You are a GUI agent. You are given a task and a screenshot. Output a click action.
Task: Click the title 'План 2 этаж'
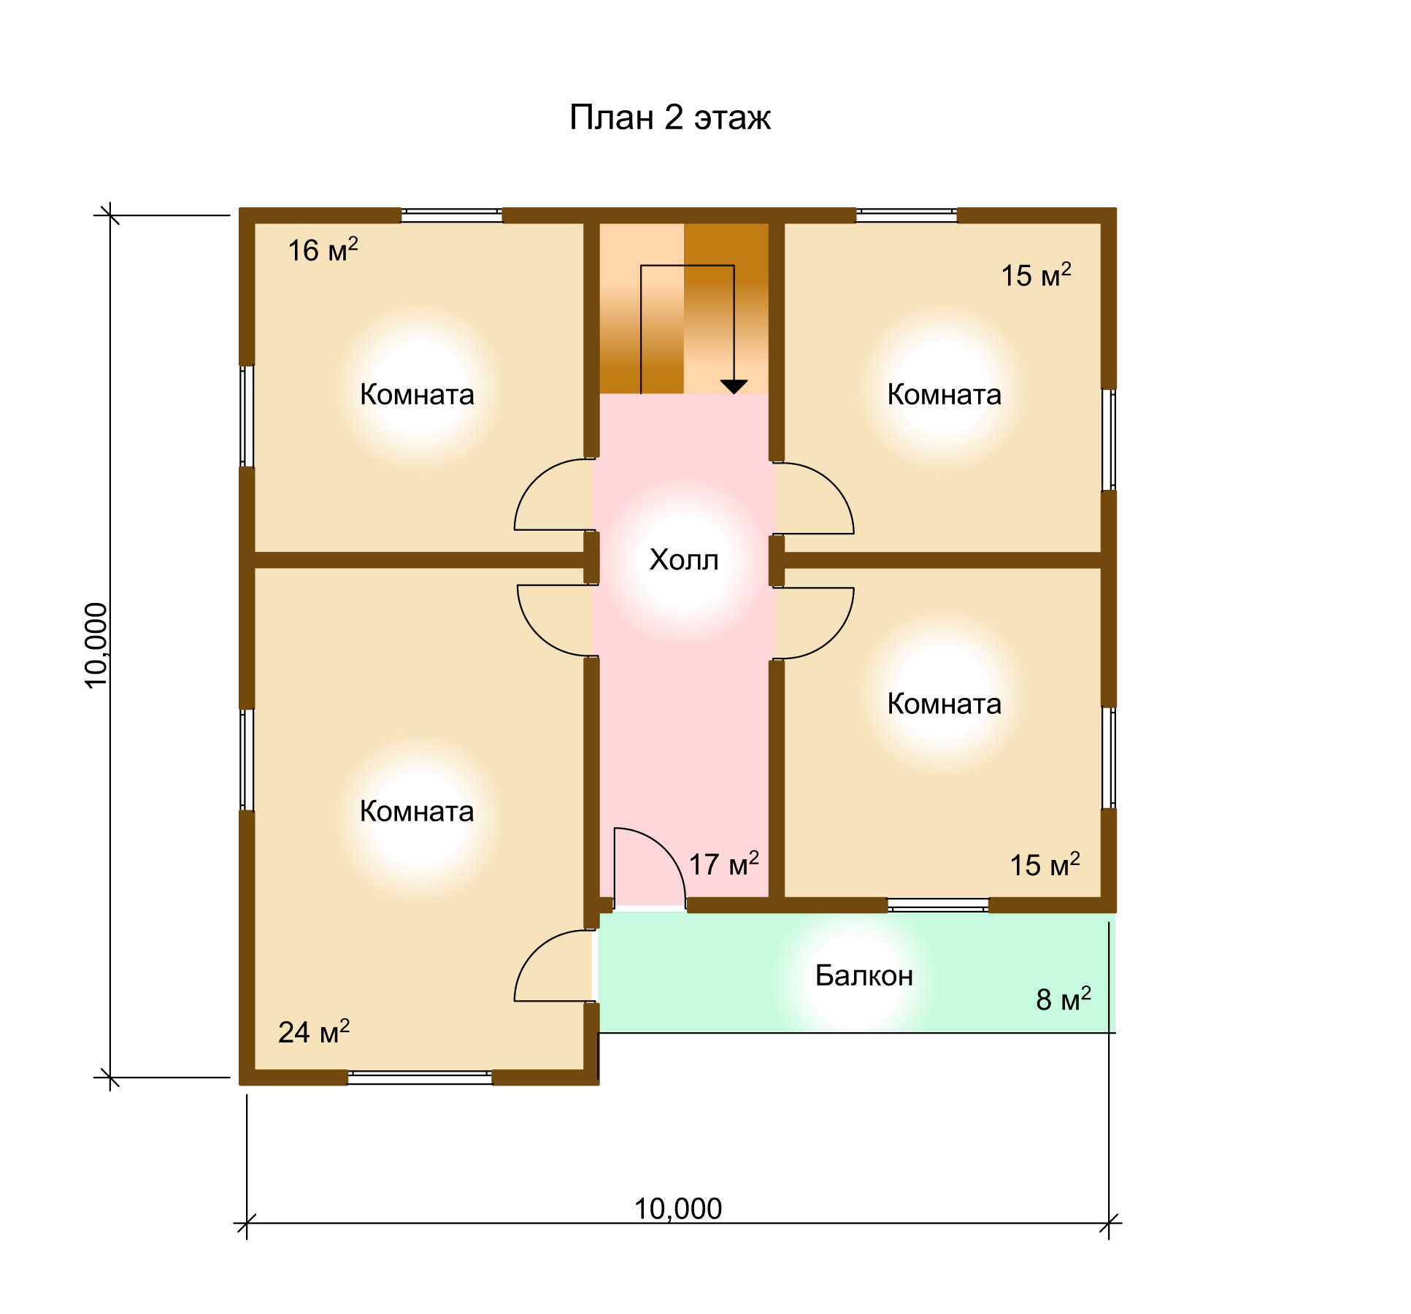pyautogui.click(x=669, y=118)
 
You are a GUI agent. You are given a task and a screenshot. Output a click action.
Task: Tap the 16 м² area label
pyautogui.click(x=323, y=250)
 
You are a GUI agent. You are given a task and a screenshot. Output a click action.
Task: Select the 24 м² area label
pyautogui.click(x=314, y=1031)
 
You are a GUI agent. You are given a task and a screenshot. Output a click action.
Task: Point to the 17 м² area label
pyautogui.click(x=724, y=864)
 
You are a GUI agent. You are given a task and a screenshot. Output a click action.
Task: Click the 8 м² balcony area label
pyautogui.click(x=1064, y=999)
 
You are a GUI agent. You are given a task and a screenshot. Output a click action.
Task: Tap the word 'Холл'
pyautogui.click(x=684, y=560)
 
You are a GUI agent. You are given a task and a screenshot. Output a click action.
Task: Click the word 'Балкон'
pyautogui.click(x=864, y=975)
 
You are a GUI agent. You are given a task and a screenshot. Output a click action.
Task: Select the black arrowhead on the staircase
pyautogui.click(x=734, y=387)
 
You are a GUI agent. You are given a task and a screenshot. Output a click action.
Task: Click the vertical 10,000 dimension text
pyautogui.click(x=96, y=645)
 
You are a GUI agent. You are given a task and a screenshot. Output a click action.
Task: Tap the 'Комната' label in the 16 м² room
pyautogui.click(x=417, y=395)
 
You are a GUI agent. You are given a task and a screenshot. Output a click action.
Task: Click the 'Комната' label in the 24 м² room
pyautogui.click(x=417, y=812)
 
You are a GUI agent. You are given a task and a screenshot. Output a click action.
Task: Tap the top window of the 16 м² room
pyautogui.click(x=452, y=215)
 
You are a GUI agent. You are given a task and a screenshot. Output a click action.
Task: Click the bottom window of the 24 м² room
pyautogui.click(x=420, y=1077)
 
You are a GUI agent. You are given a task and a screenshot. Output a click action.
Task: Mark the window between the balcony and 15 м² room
pyautogui.click(x=938, y=905)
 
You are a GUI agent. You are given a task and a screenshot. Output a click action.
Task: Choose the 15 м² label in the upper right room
pyautogui.click(x=1036, y=275)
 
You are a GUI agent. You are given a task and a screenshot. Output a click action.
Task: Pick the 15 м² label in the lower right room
pyautogui.click(x=1045, y=864)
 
